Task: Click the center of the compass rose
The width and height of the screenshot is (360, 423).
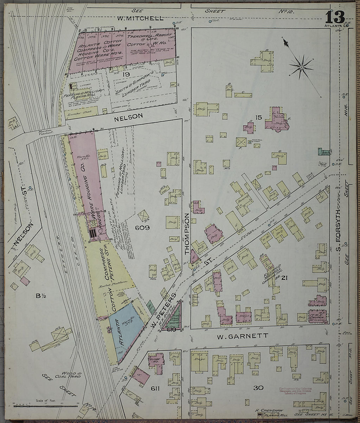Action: click(300, 67)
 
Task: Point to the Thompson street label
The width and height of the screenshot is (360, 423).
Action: click(187, 234)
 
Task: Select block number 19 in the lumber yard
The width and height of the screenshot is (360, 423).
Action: click(126, 75)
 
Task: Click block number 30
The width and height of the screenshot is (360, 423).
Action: click(258, 388)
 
